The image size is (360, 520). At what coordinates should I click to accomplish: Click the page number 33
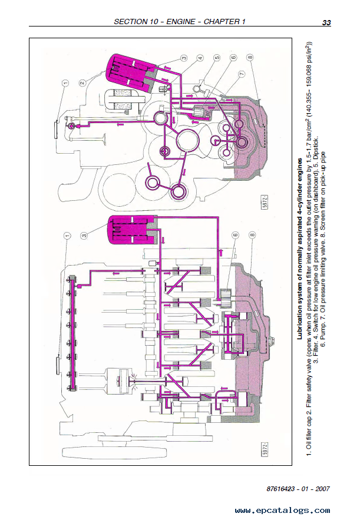(326, 22)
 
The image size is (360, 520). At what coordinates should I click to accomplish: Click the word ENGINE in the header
(180, 22)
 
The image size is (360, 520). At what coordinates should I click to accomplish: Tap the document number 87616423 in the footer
(280, 489)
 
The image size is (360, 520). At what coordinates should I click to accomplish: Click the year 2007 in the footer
(322, 489)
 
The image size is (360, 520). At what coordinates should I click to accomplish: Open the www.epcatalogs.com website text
(282, 511)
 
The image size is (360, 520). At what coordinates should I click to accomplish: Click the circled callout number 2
(83, 82)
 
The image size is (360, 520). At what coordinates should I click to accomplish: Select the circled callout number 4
(200, 58)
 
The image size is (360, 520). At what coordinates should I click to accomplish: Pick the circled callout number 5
(217, 58)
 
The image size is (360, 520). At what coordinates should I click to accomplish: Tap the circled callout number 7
(242, 74)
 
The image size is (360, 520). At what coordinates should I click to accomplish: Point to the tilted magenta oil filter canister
(130, 72)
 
